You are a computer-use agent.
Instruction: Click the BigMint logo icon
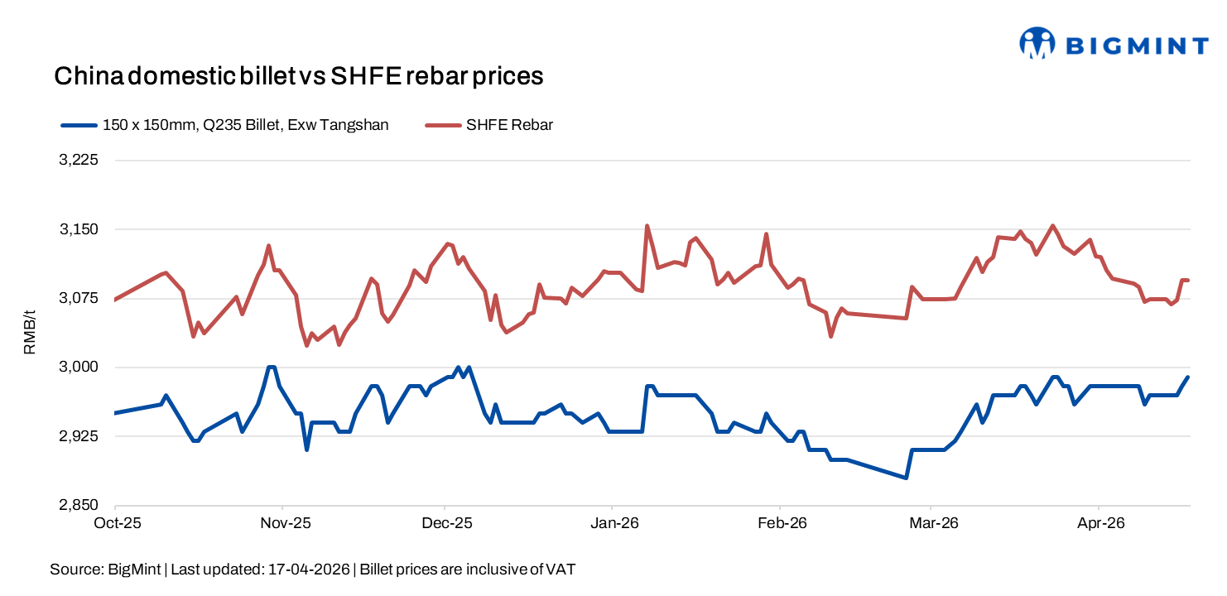1037,43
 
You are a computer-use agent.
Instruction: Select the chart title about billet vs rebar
298,76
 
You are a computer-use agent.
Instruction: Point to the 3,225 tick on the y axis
79,161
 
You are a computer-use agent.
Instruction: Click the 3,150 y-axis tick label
79,229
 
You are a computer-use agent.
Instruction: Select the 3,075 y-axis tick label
79,298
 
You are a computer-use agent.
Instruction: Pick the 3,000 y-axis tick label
79,367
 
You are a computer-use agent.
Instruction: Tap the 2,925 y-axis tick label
79,436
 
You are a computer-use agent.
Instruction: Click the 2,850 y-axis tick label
79,505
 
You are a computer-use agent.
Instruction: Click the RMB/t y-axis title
30,332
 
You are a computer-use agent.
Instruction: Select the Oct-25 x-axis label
118,523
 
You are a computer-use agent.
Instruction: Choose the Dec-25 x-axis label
446,523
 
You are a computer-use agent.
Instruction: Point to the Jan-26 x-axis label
613,523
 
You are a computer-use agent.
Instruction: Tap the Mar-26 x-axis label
932,523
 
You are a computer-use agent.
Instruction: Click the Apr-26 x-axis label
1099,523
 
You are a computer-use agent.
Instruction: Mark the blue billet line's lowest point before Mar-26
907,478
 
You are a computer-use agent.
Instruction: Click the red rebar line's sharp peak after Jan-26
647,225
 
